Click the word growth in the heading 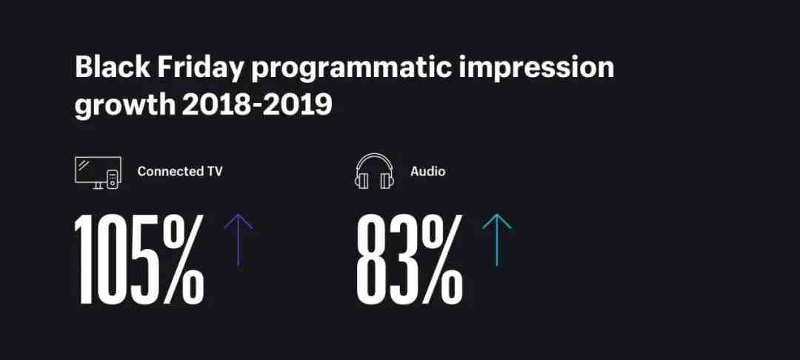pyautogui.click(x=125, y=106)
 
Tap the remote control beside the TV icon pyautogui.click(x=113, y=179)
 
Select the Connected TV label pyautogui.click(x=180, y=171)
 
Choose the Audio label pyautogui.click(x=427, y=171)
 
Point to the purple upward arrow pyautogui.click(x=239, y=239)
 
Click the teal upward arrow pyautogui.click(x=496, y=239)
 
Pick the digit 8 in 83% pyautogui.click(x=371, y=259)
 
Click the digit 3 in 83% pyautogui.click(x=401, y=259)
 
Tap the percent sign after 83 pyautogui.click(x=439, y=259)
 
